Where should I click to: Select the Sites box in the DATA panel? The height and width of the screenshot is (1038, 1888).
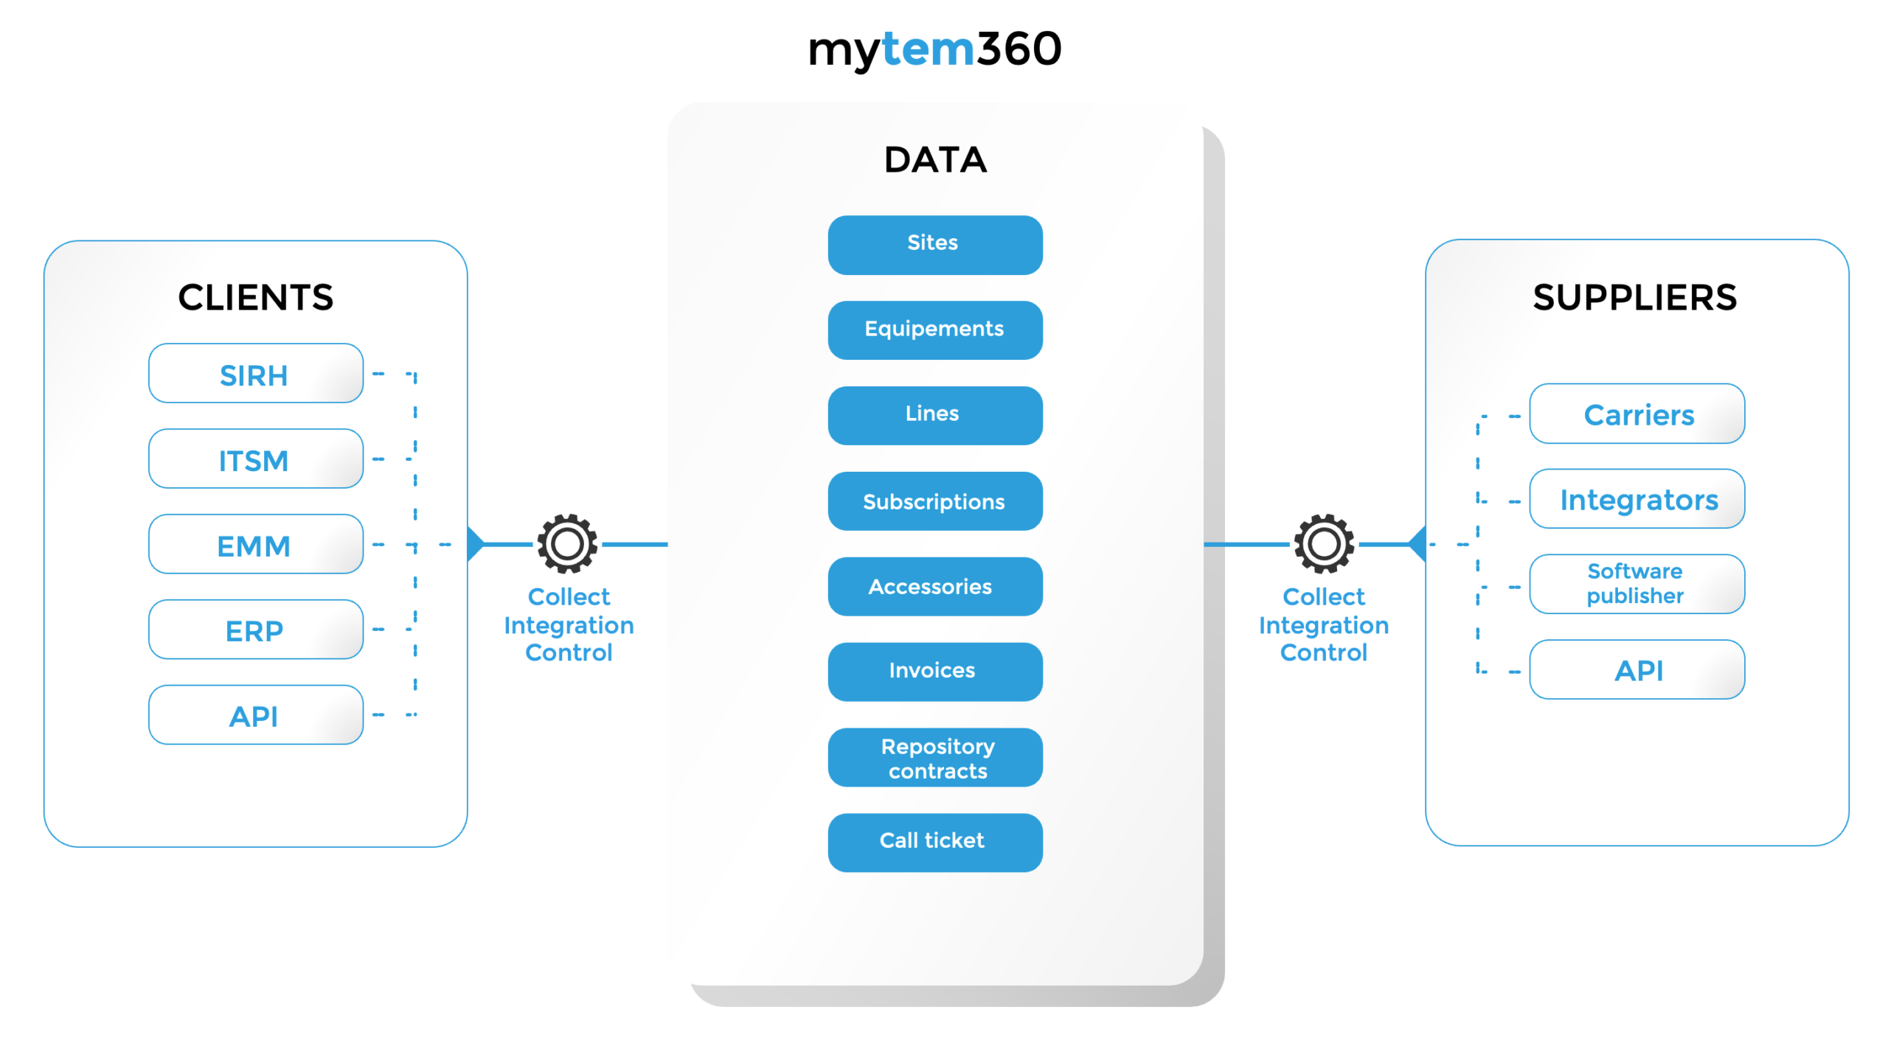point(934,244)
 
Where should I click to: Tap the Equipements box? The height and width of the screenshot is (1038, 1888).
point(934,329)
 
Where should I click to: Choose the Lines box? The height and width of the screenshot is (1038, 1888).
point(934,414)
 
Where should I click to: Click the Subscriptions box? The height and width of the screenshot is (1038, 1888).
point(934,501)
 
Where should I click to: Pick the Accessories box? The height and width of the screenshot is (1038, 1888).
point(934,586)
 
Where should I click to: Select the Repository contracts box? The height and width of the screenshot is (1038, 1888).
point(934,757)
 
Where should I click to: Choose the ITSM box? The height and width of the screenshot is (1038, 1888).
point(255,459)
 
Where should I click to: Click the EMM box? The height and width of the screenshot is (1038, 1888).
point(255,544)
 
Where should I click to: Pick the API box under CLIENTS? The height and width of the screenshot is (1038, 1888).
point(255,714)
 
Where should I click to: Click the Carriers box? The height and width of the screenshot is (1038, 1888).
point(1636,414)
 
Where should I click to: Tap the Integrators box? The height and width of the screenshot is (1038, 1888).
point(1636,499)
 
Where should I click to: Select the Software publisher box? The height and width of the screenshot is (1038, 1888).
point(1636,583)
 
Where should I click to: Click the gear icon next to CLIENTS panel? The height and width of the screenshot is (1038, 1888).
point(567,543)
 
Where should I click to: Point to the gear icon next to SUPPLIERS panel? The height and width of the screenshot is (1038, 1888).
point(1323,543)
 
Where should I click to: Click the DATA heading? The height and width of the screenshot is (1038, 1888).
point(934,160)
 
